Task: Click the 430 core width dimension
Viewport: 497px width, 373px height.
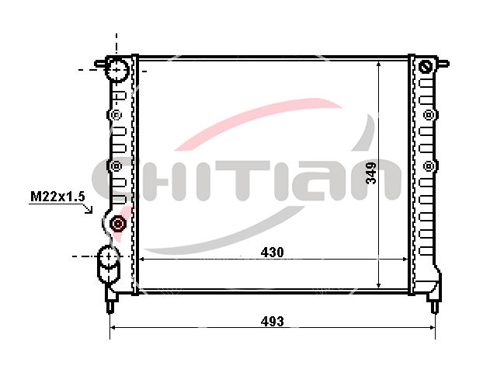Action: click(x=272, y=253)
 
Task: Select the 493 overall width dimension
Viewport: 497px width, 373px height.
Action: click(x=272, y=322)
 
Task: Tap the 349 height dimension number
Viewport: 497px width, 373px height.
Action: click(x=371, y=173)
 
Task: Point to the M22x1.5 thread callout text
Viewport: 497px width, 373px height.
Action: click(x=57, y=197)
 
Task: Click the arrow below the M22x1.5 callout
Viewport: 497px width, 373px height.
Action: click(x=88, y=209)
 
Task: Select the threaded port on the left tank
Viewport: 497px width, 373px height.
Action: click(x=118, y=224)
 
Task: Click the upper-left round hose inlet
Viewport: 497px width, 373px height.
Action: click(x=116, y=70)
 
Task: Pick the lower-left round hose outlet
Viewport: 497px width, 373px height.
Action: click(x=109, y=256)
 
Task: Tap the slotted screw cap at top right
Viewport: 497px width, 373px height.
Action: click(x=426, y=66)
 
